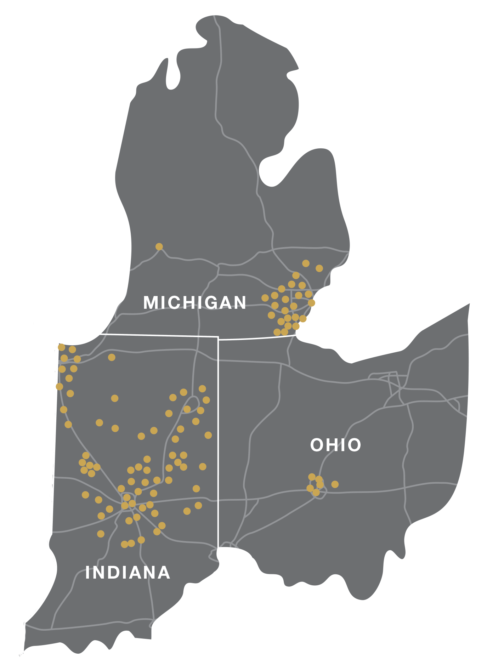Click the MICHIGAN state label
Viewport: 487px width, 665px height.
pos(194,303)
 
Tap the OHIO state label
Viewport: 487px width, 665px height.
pos(335,445)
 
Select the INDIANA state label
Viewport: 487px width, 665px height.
pos(128,573)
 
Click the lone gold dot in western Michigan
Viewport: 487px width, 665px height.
pos(159,246)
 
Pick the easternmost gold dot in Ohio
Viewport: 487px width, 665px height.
pos(335,484)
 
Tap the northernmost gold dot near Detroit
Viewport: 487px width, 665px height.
pos(306,263)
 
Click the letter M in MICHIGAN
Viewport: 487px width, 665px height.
pos(151,303)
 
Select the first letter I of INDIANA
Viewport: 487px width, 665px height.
pos(87,573)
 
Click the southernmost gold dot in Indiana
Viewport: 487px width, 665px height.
pos(124,544)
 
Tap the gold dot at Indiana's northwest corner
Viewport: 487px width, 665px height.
pos(61,347)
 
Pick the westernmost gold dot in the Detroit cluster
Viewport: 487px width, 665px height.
pos(265,298)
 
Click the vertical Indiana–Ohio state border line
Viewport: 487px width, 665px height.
pos(218,443)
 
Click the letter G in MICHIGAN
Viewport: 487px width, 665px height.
pos(213,303)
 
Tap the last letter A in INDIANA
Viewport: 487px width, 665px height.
pos(165,573)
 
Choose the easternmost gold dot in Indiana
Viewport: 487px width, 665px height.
pos(208,435)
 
